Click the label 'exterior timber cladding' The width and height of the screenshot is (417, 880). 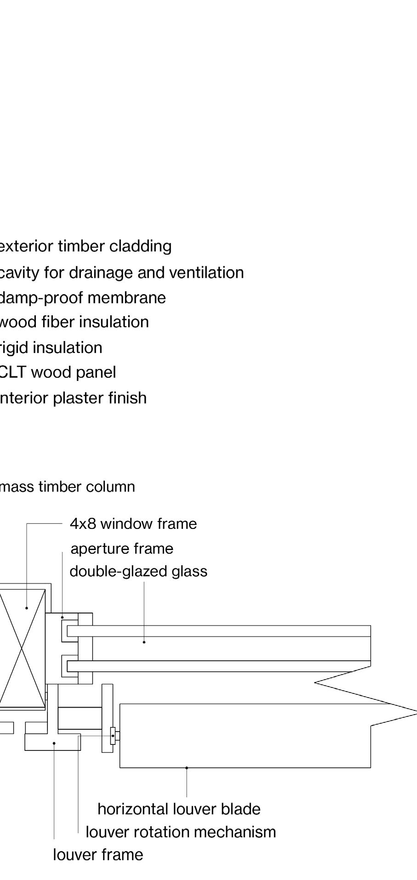pyautogui.click(x=86, y=246)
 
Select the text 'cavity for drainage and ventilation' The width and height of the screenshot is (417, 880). pyautogui.click(x=122, y=273)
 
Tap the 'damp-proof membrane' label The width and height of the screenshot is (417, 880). pyautogui.click(x=83, y=298)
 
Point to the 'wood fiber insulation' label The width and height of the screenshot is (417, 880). pyautogui.click(x=74, y=322)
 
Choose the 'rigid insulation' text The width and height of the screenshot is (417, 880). pyautogui.click(x=51, y=347)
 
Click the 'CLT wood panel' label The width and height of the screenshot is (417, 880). pyautogui.click(x=58, y=372)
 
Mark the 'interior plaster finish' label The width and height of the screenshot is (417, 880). pyautogui.click(x=73, y=398)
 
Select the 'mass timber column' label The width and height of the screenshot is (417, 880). pyautogui.click(x=68, y=487)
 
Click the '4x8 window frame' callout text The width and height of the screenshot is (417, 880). pyautogui.click(x=133, y=524)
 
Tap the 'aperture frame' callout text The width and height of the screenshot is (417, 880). pyautogui.click(x=122, y=549)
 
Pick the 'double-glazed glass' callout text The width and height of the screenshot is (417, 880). pyautogui.click(x=138, y=572)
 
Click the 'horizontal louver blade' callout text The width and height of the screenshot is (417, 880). pyautogui.click(x=179, y=809)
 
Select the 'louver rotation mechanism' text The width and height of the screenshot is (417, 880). pyautogui.click(x=181, y=832)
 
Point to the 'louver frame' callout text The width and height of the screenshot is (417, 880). pyautogui.click(x=98, y=855)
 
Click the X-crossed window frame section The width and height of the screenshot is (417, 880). pyautogui.click(x=22, y=648)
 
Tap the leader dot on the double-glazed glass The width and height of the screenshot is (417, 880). pyautogui.click(x=144, y=642)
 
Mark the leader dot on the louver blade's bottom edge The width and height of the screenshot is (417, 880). pyautogui.click(x=187, y=768)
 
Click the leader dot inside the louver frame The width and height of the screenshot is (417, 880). pyautogui.click(x=54, y=743)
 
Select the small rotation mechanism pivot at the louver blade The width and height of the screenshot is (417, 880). pyautogui.click(x=113, y=736)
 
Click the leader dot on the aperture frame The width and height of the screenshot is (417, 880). pyautogui.click(x=63, y=617)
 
